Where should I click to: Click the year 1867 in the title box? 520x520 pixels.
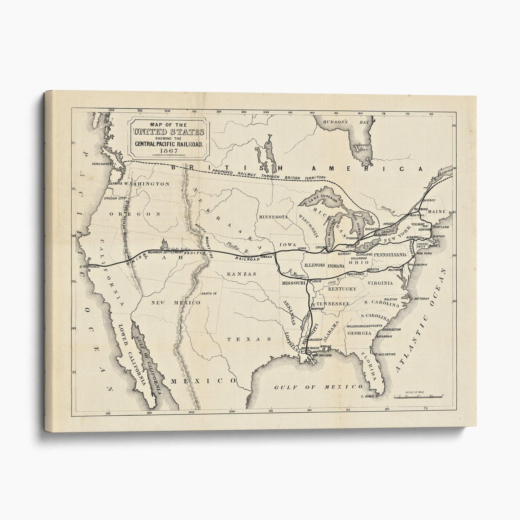tap(168, 151)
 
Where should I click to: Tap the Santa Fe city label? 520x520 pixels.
tap(209, 293)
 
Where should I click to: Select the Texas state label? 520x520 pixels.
tap(249, 339)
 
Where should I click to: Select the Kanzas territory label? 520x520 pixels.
tap(241, 274)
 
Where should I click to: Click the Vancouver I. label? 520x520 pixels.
tap(103, 164)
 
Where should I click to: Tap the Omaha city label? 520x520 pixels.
tap(266, 257)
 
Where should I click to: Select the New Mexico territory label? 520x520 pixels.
tap(176, 303)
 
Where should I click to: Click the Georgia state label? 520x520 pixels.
tap(359, 333)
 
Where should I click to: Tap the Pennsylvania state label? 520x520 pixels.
tap(390, 255)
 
